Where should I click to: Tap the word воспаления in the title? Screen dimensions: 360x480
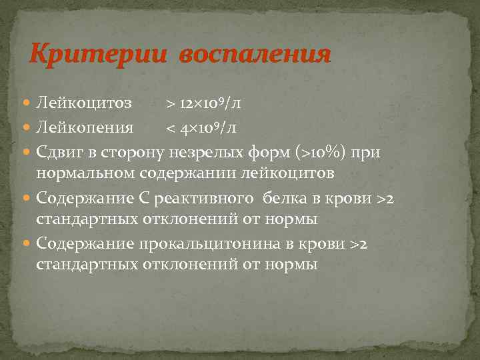point(254,54)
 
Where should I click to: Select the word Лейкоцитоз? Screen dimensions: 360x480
point(84,103)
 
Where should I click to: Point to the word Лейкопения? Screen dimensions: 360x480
point(85,127)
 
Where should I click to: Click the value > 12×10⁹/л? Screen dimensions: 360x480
point(204,103)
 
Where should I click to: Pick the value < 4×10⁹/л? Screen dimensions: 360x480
point(201,127)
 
